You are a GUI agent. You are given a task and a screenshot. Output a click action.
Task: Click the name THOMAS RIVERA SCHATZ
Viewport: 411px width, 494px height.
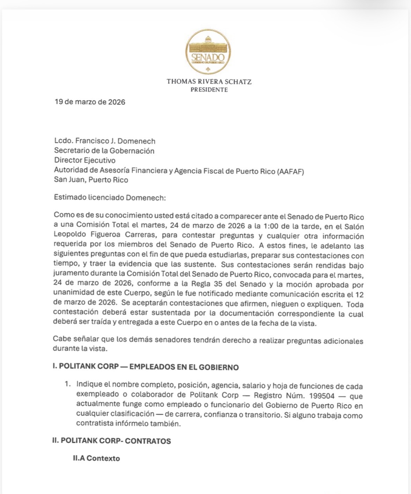209,82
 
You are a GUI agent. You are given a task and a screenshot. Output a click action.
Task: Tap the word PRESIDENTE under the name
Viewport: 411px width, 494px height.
209,90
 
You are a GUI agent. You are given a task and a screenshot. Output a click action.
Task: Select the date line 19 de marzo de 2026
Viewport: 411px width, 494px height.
90,102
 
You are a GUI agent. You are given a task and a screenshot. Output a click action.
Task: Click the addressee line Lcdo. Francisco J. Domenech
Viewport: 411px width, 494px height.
104,141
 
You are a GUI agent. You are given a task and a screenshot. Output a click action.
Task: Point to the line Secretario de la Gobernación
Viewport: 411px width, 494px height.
104,151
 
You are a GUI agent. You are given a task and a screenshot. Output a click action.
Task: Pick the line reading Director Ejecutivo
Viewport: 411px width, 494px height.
85,160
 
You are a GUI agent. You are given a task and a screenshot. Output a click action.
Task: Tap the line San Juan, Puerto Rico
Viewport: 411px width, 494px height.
91,180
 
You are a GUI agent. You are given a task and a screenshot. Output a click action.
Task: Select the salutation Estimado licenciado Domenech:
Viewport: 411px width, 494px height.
110,197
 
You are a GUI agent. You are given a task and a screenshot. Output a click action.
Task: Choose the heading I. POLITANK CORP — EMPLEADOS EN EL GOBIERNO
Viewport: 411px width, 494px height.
146,367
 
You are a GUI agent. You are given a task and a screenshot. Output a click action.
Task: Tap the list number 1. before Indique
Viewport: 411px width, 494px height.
68,384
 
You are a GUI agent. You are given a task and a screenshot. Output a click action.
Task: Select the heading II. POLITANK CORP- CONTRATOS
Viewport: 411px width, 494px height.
112,440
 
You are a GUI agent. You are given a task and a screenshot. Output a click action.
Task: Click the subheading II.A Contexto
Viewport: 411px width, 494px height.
96,458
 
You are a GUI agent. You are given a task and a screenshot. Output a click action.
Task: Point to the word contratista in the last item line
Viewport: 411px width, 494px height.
94,424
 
